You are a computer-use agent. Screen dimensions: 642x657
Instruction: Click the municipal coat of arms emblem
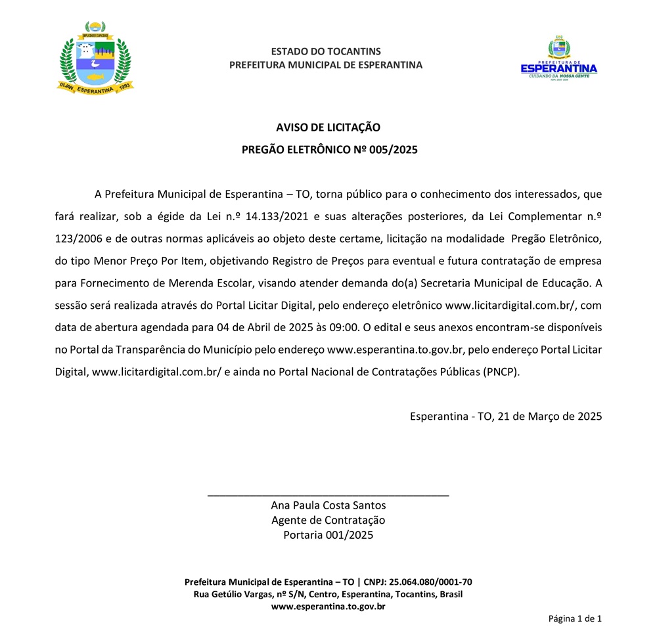pos(96,58)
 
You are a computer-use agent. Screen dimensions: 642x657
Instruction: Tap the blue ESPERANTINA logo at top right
pos(558,60)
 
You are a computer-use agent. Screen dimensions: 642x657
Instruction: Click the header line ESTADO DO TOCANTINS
pos(326,51)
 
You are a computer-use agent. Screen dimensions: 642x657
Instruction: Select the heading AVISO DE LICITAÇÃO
pos(328,127)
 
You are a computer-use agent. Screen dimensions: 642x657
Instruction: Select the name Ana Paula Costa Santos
pos(328,505)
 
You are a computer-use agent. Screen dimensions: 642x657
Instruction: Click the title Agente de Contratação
pos(328,520)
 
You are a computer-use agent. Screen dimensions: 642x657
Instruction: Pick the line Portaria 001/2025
pos(328,536)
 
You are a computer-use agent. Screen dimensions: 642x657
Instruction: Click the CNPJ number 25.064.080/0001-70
pos(430,582)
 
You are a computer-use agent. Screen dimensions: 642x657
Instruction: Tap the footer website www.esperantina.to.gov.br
pos(328,607)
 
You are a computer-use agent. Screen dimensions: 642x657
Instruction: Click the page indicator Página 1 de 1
pos(575,618)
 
